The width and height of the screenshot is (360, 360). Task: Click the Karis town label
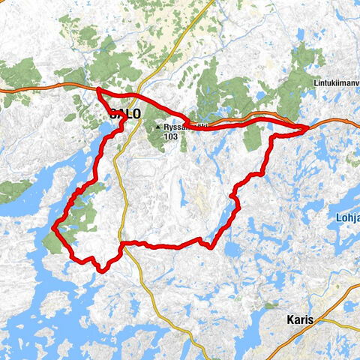click(x=302, y=319)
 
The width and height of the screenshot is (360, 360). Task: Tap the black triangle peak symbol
click(x=158, y=128)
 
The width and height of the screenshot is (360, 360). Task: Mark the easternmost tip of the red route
click(x=308, y=128)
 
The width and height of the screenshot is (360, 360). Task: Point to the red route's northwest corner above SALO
click(x=97, y=91)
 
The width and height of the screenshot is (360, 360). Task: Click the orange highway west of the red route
click(x=37, y=87)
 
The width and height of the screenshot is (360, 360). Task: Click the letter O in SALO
click(x=136, y=115)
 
